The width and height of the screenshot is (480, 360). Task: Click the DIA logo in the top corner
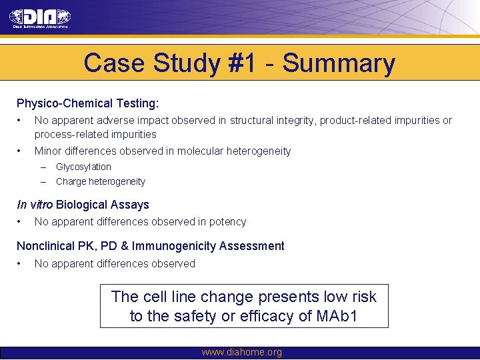coord(40,18)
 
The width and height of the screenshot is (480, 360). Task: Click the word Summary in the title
coord(339,63)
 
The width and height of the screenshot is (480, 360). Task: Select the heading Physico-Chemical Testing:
coord(88,103)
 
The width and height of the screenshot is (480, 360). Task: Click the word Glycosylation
coord(83,167)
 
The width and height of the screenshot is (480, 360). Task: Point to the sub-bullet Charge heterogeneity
coord(100,181)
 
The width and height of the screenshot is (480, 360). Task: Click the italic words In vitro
coord(35,205)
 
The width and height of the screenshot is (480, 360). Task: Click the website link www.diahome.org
coord(241,352)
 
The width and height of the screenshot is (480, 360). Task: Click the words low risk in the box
coord(343,296)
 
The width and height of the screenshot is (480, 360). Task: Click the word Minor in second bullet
coord(48,151)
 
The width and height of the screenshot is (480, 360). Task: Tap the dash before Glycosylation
coord(43,167)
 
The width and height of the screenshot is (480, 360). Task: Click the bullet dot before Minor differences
coord(20,151)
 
